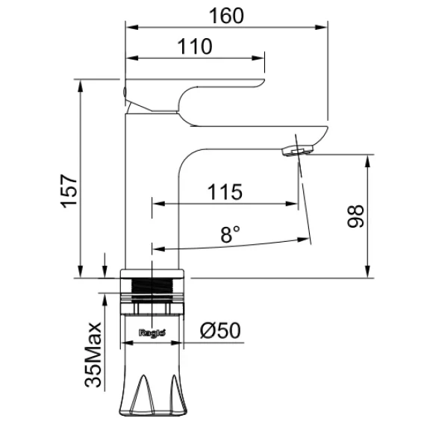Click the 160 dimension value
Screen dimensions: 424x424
pos(226,16)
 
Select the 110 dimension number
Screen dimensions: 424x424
pos(195,46)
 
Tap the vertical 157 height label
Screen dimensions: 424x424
pos(69,191)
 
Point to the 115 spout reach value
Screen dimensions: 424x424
pos(225,192)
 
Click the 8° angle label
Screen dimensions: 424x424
pos(231,234)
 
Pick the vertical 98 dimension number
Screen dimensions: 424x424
pos(355,216)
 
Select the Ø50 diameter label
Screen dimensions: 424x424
pos(220,330)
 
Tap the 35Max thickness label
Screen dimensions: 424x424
pos(93,355)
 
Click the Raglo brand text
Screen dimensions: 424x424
pos(152,333)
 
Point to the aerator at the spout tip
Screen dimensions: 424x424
pos(297,150)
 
